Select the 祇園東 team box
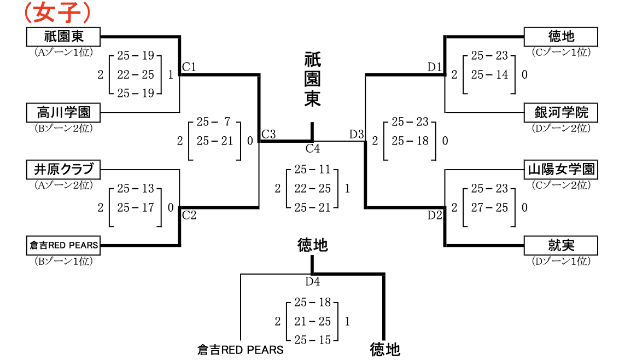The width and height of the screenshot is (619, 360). (63, 37)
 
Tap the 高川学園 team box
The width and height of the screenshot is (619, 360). (63, 113)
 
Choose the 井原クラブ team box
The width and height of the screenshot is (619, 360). (63, 169)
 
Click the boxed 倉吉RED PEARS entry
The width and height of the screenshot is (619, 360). (63, 245)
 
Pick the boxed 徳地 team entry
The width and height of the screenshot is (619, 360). (561, 37)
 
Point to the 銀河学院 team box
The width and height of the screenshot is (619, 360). (561, 113)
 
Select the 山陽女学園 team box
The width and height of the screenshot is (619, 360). (561, 169)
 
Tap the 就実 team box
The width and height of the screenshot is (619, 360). (561, 245)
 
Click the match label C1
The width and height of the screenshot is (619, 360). (189, 67)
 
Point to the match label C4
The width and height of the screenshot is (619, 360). (313, 148)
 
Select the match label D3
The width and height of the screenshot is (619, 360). (357, 134)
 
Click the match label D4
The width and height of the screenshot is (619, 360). (313, 282)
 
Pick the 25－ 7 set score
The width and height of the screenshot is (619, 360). (215, 122)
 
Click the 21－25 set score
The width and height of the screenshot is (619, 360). (313, 321)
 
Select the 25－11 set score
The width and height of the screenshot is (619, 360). (313, 170)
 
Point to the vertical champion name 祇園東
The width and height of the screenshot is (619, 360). (312, 80)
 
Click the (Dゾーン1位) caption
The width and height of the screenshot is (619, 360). (561, 261)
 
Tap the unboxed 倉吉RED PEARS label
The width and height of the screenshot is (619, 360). (241, 350)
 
